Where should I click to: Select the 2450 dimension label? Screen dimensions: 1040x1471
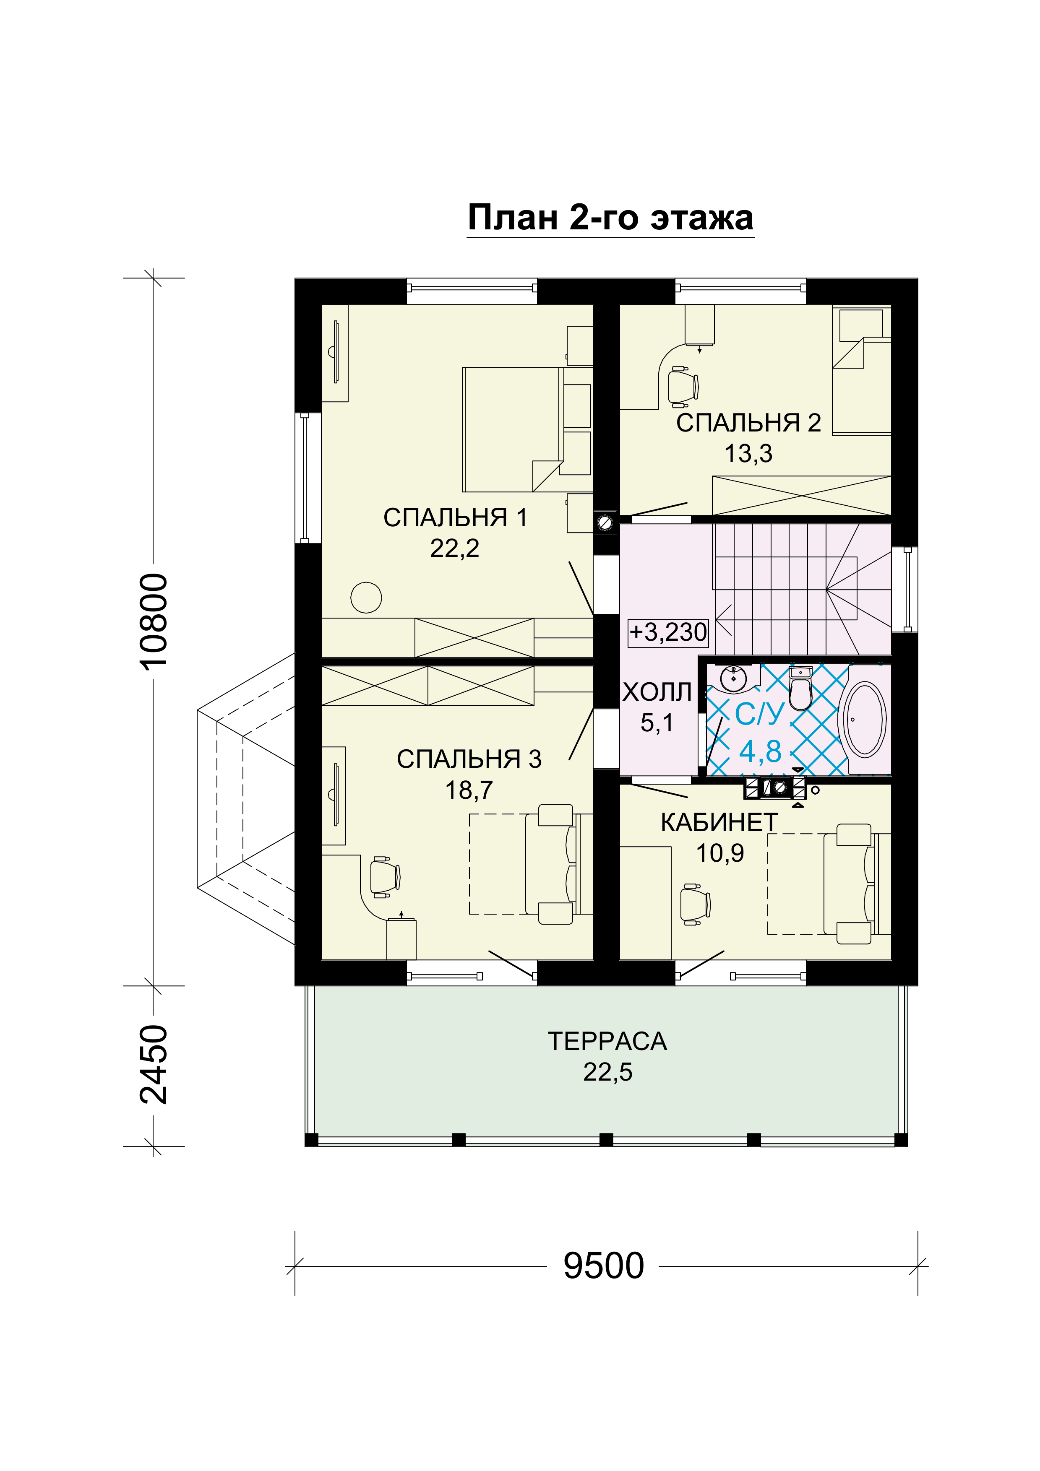click(x=154, y=1064)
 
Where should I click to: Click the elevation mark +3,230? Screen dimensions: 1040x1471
click(x=668, y=632)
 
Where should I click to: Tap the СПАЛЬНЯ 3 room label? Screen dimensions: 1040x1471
click(x=469, y=759)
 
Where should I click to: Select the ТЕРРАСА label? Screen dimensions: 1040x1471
click(x=607, y=1042)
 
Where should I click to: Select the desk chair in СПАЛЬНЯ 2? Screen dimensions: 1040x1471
click(x=683, y=386)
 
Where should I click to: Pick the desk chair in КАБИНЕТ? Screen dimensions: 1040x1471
click(x=695, y=904)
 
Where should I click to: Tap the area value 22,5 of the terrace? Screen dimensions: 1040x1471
click(x=607, y=1073)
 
